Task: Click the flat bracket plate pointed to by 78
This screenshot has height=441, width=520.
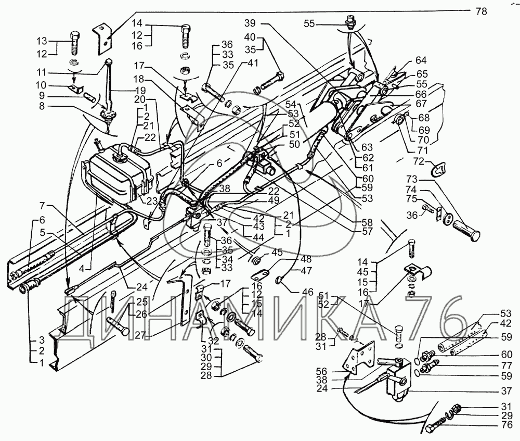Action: pos(103,36)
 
